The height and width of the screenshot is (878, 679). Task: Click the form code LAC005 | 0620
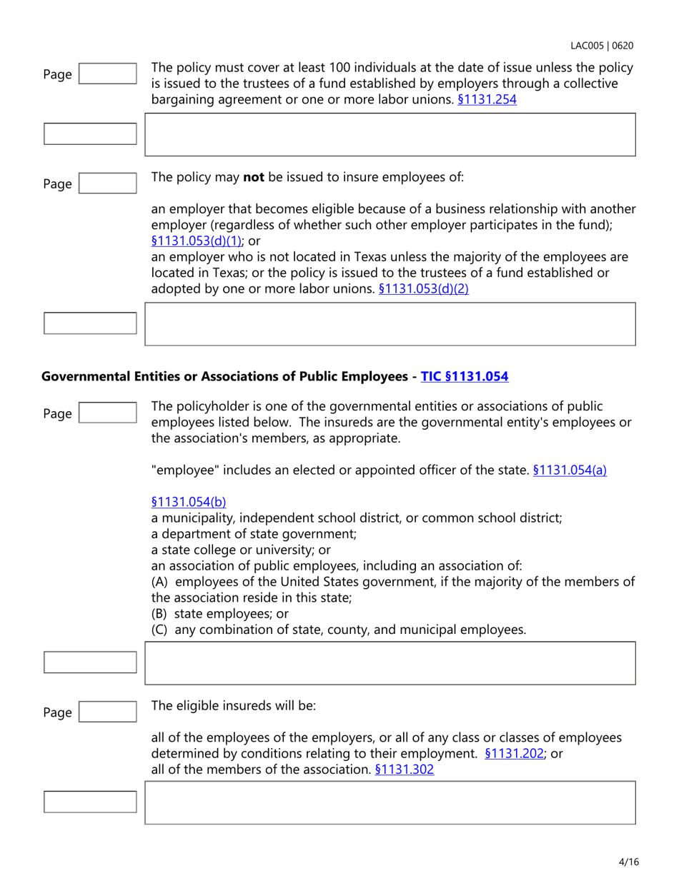[x=602, y=46]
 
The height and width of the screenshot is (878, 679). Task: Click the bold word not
[x=254, y=178]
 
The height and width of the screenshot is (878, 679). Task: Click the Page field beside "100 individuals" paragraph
[x=107, y=73]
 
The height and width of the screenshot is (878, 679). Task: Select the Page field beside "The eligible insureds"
[x=107, y=712]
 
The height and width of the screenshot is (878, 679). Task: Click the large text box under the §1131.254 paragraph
[x=390, y=134]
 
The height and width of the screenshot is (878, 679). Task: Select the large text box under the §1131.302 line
[x=390, y=802]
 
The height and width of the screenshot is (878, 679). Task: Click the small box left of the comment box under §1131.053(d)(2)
[x=90, y=323]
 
